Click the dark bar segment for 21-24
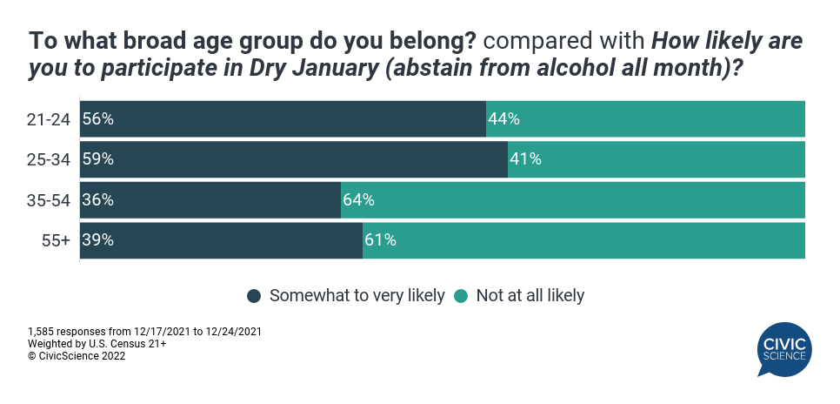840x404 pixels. (x=283, y=119)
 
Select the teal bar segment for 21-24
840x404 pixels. (x=645, y=119)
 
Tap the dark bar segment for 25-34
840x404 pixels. (x=294, y=159)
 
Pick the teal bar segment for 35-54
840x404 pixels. (x=572, y=199)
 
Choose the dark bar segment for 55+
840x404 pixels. (x=221, y=239)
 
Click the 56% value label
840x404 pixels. (x=97, y=119)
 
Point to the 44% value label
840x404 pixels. (x=504, y=119)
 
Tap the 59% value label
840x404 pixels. (x=97, y=159)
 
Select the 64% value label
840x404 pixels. (x=358, y=199)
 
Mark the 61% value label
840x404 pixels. (x=381, y=239)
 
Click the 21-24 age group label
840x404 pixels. (x=48, y=120)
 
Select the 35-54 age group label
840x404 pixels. (x=48, y=200)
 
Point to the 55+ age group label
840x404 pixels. (x=55, y=240)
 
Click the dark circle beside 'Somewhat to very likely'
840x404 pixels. (x=255, y=296)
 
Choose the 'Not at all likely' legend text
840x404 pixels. (x=530, y=296)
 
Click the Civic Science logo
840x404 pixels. (x=783, y=348)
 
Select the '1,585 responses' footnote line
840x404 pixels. (x=145, y=332)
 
